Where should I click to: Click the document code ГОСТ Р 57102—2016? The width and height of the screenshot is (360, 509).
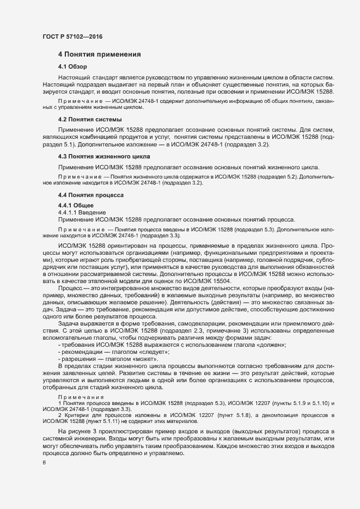pos(72,36)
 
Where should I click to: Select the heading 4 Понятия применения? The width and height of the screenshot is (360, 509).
pos(100,54)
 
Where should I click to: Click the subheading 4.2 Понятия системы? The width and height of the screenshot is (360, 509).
pos(89,119)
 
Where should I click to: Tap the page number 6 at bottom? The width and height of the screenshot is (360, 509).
pos(44,463)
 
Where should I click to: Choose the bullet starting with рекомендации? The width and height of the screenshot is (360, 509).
pos(80,353)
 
